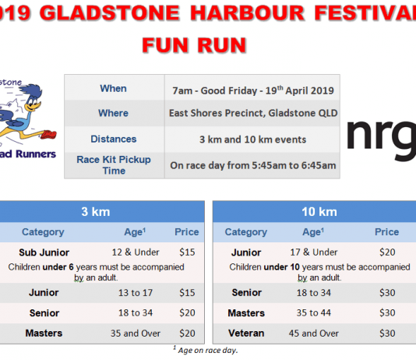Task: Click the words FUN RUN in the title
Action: pyautogui.click(x=195, y=45)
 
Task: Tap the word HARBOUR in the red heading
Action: pyautogui.click(x=247, y=12)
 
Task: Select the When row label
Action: pyautogui.click(x=113, y=88)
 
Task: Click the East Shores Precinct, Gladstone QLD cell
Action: pyautogui.click(x=253, y=113)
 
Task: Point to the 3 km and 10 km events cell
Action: pyautogui.click(x=253, y=139)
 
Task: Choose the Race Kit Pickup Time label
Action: pyautogui.click(x=114, y=165)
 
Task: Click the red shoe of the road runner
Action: pyautogui.click(x=48, y=135)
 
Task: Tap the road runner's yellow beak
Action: pyautogui.click(x=33, y=107)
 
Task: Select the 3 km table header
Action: pyautogui.click(x=96, y=212)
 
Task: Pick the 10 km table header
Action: pyautogui.click(x=319, y=212)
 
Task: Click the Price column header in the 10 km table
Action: pyautogui.click(x=387, y=232)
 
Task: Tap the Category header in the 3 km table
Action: pyautogui.click(x=43, y=232)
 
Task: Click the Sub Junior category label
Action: pyautogui.click(x=44, y=252)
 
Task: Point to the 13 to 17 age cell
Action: pyautogui.click(x=136, y=293)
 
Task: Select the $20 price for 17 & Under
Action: pyautogui.click(x=387, y=252)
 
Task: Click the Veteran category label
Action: pyautogui.click(x=246, y=334)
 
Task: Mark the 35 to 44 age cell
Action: pyautogui.click(x=314, y=312)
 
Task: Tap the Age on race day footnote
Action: pyautogui.click(x=206, y=350)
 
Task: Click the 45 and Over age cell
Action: pyautogui.click(x=314, y=334)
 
